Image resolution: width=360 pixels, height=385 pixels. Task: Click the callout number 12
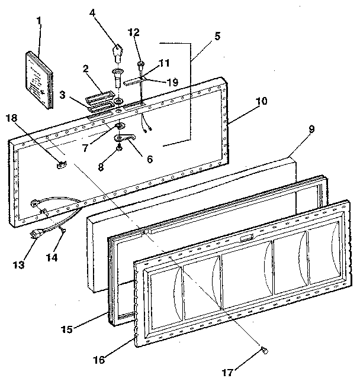(x=134, y=31)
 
